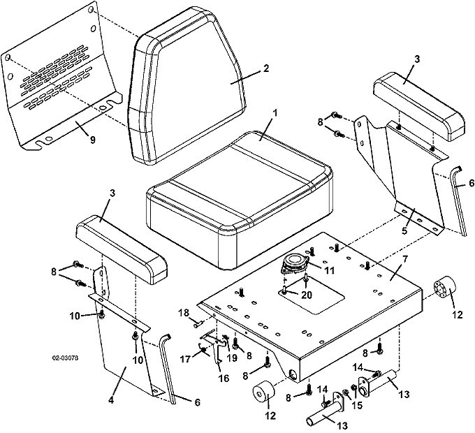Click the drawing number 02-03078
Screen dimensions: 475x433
65,358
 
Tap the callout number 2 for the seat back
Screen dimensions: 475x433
265,68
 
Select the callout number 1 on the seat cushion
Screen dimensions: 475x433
275,113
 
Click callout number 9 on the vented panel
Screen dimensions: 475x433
92,140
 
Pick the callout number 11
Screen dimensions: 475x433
329,270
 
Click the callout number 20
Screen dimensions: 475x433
307,295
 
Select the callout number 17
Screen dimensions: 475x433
185,359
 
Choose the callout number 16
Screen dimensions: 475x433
224,379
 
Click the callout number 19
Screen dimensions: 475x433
232,358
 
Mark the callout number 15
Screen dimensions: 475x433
358,405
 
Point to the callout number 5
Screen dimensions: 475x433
404,230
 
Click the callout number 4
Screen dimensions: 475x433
111,400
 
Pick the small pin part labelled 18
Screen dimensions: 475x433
198,325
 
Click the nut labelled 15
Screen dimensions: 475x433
346,392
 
